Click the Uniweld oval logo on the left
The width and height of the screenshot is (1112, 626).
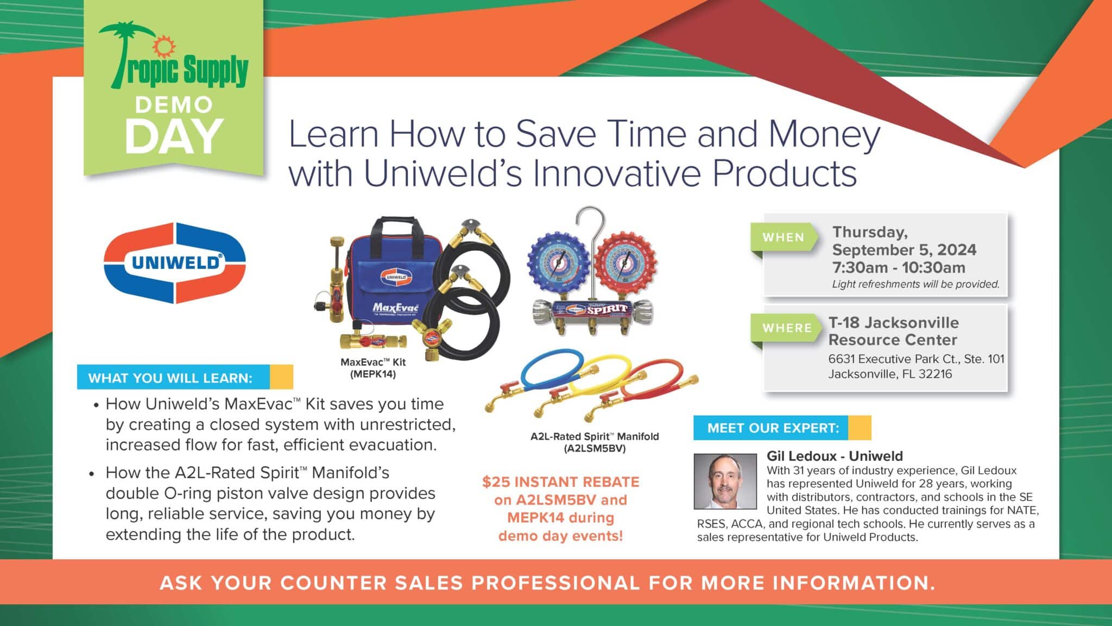click(175, 263)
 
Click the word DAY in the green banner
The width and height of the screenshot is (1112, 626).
click(174, 136)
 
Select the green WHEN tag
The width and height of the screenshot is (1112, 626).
click(784, 237)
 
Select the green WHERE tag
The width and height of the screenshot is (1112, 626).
click(786, 328)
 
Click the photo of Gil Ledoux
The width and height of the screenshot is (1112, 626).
click(725, 481)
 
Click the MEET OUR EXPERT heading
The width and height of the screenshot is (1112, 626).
click(773, 428)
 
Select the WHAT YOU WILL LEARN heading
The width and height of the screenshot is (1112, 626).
click(170, 378)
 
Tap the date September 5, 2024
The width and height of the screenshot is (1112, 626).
click(904, 250)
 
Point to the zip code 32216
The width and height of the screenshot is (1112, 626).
click(935, 374)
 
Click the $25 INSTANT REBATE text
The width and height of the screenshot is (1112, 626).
click(560, 482)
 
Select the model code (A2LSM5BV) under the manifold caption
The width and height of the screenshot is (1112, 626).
click(595, 448)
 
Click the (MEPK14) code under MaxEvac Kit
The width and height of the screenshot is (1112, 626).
click(373, 374)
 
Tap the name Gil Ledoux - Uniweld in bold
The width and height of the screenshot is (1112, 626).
click(835, 456)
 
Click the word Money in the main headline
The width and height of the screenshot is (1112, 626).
click(824, 135)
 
